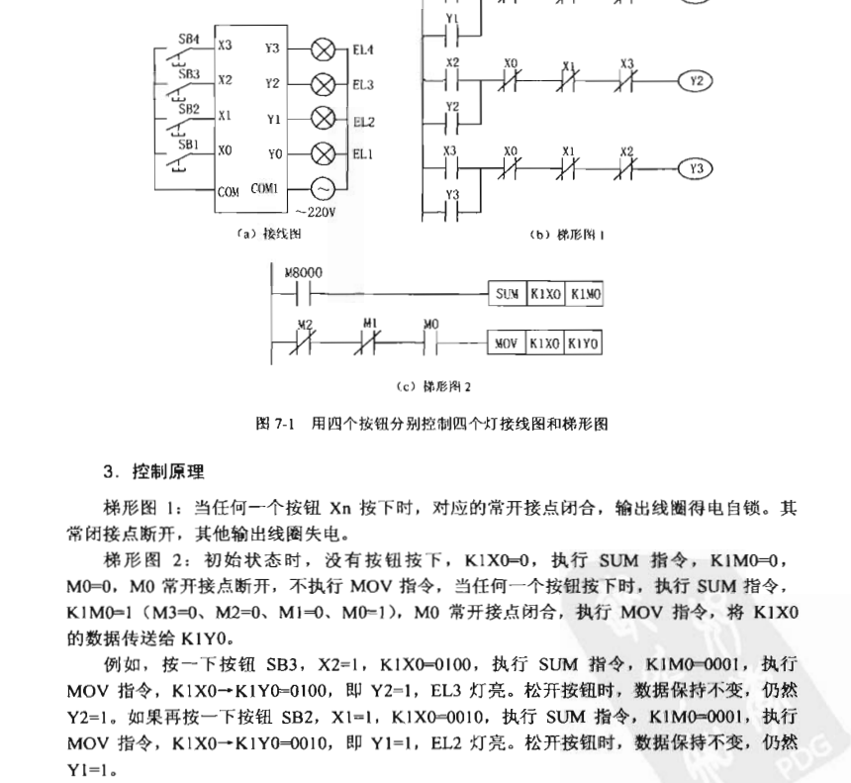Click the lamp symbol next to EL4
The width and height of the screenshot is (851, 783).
[x=323, y=48]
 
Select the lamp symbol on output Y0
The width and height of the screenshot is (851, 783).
[x=323, y=153]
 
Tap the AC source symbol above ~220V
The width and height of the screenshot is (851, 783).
[x=323, y=188]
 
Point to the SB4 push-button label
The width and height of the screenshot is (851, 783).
[x=189, y=39]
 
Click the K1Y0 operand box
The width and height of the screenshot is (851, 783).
[x=584, y=343]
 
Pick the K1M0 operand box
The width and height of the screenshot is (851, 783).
[x=585, y=294]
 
